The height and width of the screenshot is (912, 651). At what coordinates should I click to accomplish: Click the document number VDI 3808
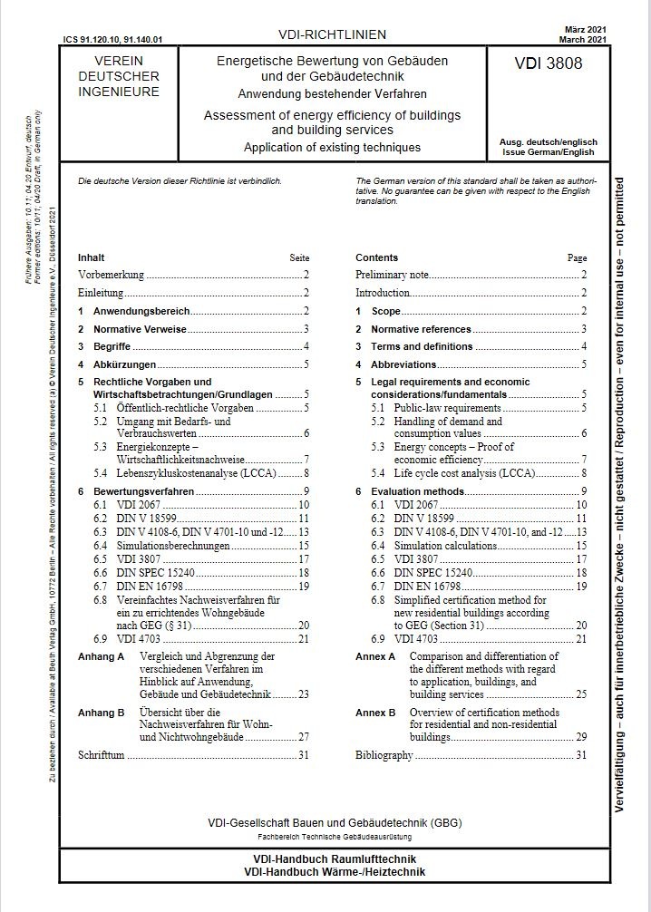coord(549,64)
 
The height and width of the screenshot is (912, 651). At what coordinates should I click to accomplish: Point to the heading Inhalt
coord(92,257)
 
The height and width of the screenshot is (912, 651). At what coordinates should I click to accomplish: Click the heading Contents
coord(376,257)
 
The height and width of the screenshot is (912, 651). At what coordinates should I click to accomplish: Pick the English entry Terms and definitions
coord(422,346)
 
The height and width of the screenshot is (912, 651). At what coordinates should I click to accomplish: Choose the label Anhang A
coord(101,655)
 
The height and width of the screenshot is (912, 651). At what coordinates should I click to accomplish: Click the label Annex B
coord(375,713)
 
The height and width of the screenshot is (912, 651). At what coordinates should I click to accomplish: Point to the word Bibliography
coord(384,754)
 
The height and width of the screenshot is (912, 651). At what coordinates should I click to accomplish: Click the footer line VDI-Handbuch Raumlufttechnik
coord(325,858)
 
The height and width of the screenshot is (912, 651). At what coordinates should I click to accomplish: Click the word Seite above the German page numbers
coord(298,257)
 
